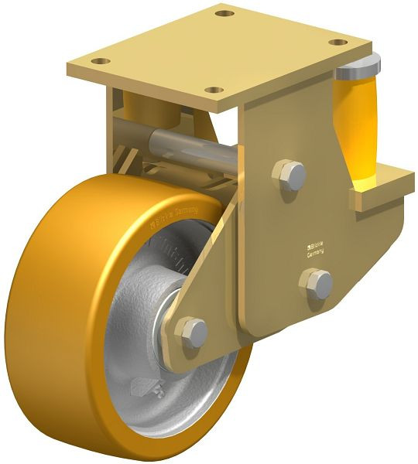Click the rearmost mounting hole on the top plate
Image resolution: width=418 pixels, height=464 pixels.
(x=224, y=13)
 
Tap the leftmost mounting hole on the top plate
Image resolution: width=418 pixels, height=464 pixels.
(x=98, y=59)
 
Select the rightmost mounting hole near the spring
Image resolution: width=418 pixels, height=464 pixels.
(x=337, y=42)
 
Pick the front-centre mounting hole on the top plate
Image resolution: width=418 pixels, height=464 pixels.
(x=210, y=90)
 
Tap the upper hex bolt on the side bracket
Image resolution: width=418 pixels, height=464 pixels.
(x=290, y=173)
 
